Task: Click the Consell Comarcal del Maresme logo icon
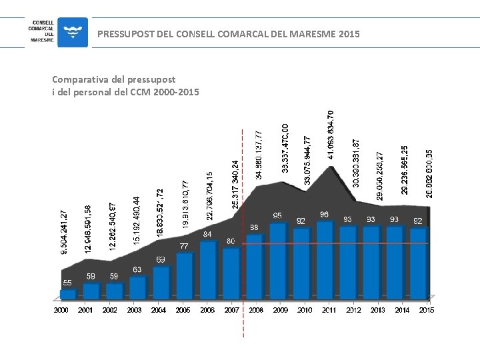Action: pos(72,32)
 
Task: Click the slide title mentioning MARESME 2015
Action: pos(228,33)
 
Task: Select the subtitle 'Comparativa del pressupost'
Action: pos(114,79)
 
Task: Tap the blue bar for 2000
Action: pos(67,293)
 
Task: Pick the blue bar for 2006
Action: pos(208,269)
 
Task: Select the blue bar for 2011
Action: pos(325,260)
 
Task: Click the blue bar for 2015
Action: pos(418,263)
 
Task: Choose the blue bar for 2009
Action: pos(278,261)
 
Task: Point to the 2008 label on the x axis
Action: pos(255,310)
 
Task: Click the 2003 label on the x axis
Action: pos(134,310)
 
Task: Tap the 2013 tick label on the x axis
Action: pos(377,310)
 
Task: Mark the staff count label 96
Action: pos(324,215)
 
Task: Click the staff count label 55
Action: pos(67,283)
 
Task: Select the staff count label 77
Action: pos(183,246)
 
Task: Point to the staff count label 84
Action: pos(207,235)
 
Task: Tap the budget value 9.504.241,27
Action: pos(64,232)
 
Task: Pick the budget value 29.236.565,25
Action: pos(405,170)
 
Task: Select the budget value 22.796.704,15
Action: pos(210,196)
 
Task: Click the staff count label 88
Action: pos(254,228)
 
